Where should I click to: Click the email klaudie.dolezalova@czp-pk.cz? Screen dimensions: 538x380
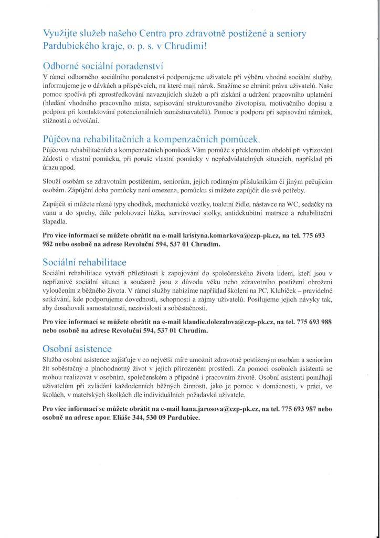pos(214,321)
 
